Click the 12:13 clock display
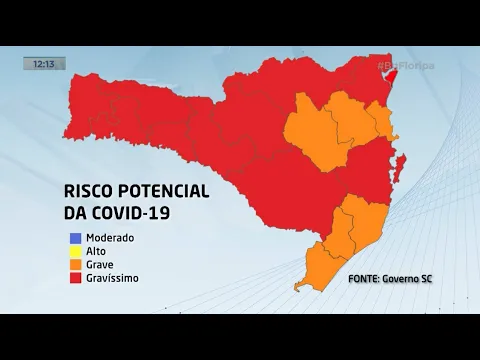coord(43,63)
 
